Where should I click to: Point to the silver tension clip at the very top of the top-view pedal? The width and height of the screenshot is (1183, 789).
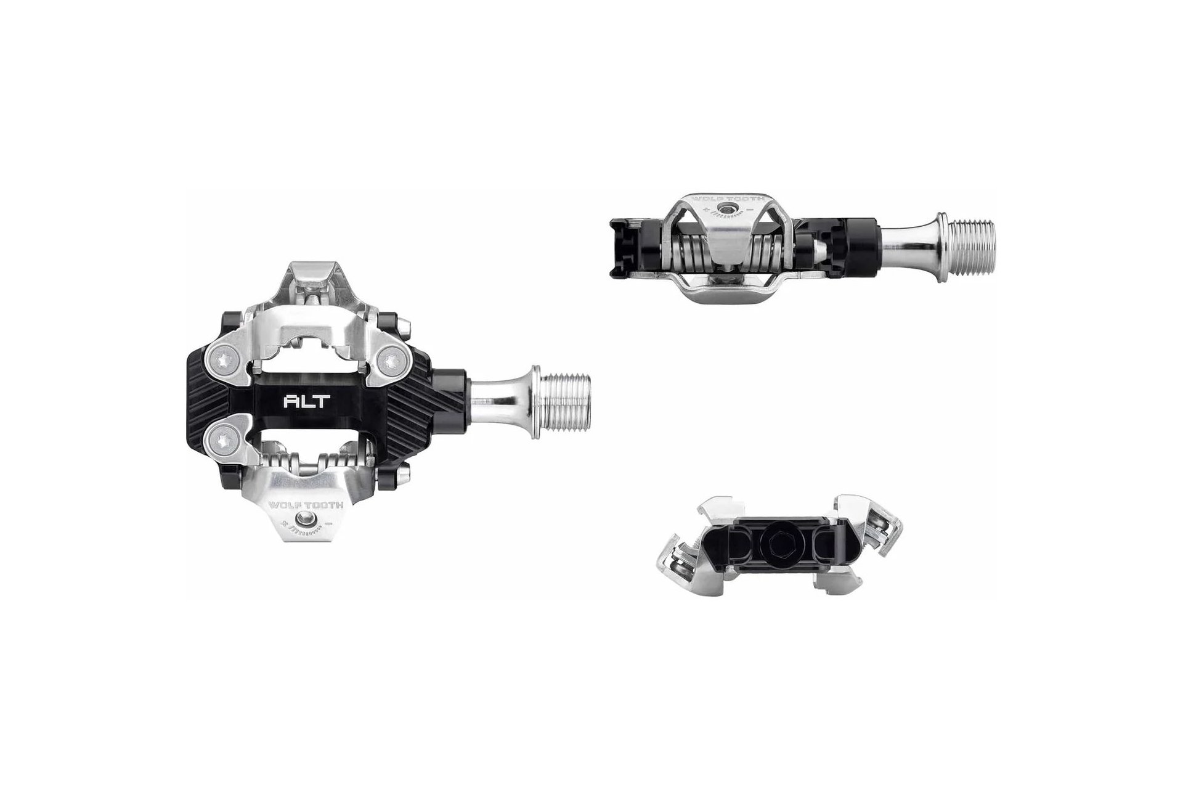[315, 276]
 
